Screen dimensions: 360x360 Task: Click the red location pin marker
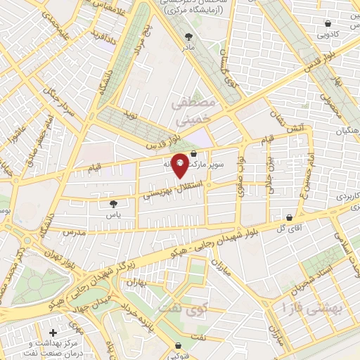tap(180, 164)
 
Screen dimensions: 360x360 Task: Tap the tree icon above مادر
tap(188, 36)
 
